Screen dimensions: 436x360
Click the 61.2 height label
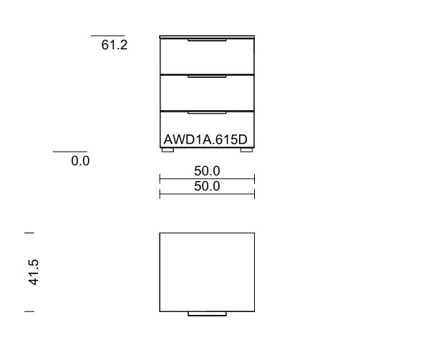point(115,45)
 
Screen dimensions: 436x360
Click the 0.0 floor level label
point(80,161)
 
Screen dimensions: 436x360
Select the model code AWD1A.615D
point(205,140)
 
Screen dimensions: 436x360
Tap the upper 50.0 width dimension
point(207,170)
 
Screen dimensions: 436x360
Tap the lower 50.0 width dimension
point(207,186)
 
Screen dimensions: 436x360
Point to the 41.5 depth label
point(34,272)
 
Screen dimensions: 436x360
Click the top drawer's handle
point(207,40)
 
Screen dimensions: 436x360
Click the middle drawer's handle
point(207,77)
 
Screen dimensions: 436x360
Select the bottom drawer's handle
point(207,112)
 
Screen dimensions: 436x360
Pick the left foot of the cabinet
point(168,150)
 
